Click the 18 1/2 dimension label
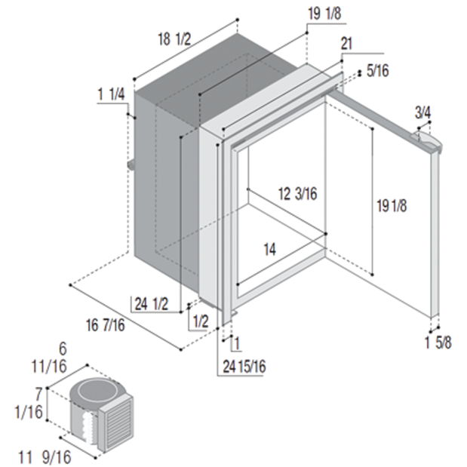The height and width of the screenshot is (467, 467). (x=174, y=39)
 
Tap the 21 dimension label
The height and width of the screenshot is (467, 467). (x=346, y=44)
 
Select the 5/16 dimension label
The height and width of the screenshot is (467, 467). (x=378, y=71)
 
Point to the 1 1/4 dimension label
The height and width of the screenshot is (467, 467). (x=112, y=95)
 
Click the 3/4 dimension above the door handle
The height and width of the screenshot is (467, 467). (x=423, y=112)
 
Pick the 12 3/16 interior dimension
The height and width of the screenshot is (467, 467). (x=297, y=194)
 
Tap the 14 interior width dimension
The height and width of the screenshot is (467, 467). (x=269, y=249)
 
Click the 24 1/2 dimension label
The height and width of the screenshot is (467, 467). (x=152, y=304)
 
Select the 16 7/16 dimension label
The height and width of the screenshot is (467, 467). (x=106, y=325)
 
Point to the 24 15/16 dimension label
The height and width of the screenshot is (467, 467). (x=244, y=367)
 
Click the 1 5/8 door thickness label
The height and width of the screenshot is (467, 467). (x=438, y=343)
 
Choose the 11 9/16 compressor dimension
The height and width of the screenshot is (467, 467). (x=45, y=457)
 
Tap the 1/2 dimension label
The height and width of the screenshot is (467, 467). (x=201, y=321)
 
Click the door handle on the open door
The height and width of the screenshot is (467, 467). (x=426, y=142)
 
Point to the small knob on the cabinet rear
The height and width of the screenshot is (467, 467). (x=131, y=165)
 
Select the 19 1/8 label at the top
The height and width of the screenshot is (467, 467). (x=324, y=14)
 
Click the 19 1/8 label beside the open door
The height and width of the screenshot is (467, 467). (x=392, y=206)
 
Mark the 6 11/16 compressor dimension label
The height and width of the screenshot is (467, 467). (x=50, y=358)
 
